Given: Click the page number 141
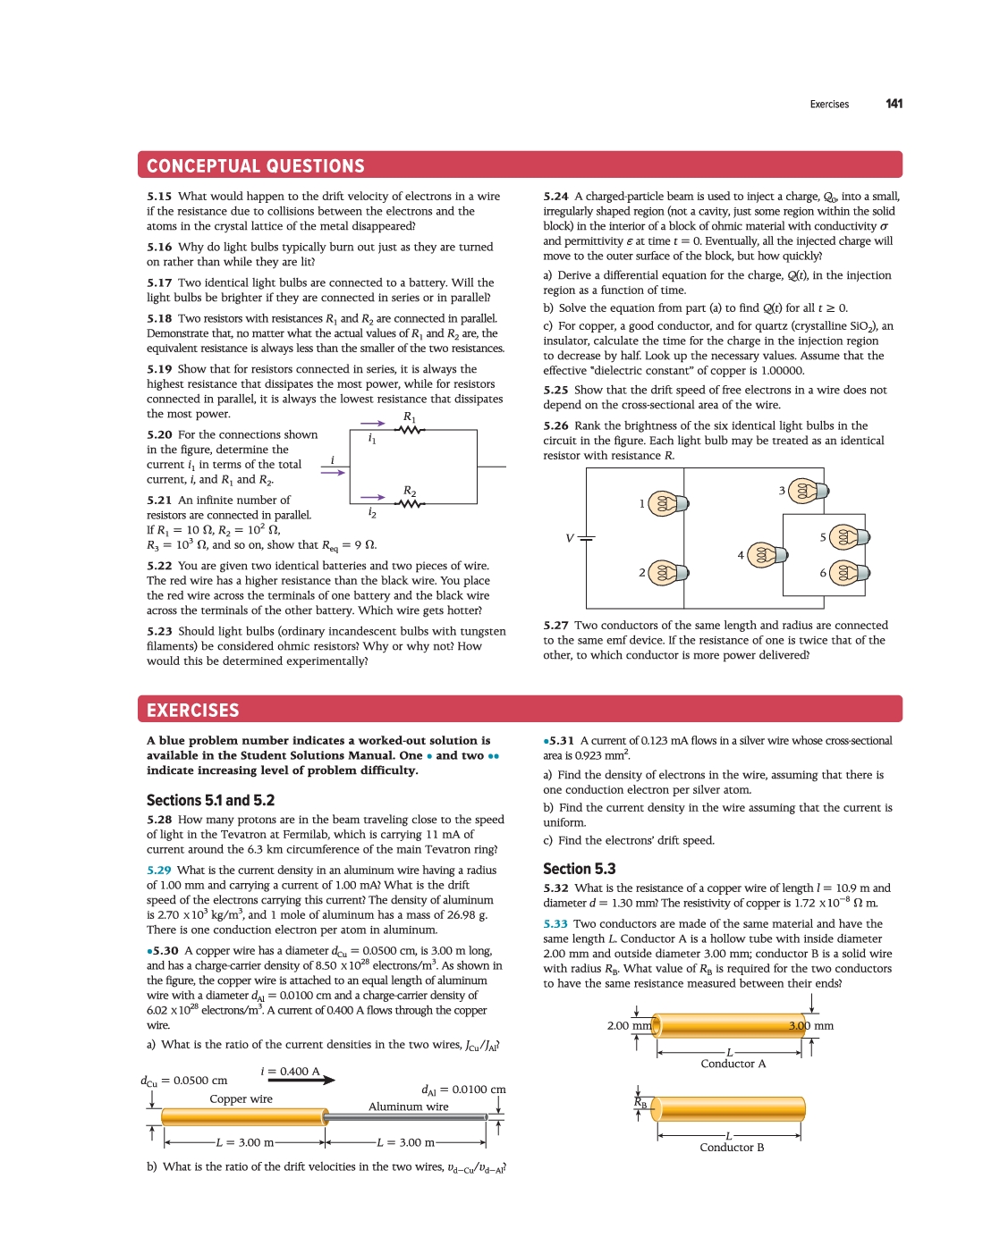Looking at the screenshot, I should pyautogui.click(x=894, y=104).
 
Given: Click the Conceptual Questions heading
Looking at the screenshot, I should pyautogui.click(x=256, y=166).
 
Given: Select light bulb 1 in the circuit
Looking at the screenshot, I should pyautogui.click(x=666, y=503).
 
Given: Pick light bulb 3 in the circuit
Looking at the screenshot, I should pyautogui.click(x=807, y=491).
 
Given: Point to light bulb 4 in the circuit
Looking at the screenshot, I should pyautogui.click(x=767, y=555).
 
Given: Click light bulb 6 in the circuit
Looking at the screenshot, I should pyautogui.click(x=847, y=573).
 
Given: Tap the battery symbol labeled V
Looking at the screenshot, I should pyautogui.click(x=586, y=538).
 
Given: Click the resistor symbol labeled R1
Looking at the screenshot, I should pyautogui.click(x=409, y=430).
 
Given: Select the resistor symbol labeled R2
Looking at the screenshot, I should pyautogui.click(x=409, y=504).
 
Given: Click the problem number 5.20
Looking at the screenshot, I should pyautogui.click(x=159, y=435).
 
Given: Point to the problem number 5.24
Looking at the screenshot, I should pyautogui.click(x=555, y=197).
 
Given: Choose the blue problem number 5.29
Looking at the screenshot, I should pyautogui.click(x=159, y=871).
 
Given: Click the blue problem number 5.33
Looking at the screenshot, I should pyautogui.click(x=555, y=924).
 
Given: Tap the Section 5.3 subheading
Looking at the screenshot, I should pyautogui.click(x=579, y=869).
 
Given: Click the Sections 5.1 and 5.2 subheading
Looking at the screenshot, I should pyautogui.click(x=210, y=801).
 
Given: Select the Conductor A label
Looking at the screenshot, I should pyautogui.click(x=733, y=1064).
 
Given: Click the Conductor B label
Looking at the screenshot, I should pyautogui.click(x=732, y=1148).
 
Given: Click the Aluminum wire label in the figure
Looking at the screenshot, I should pyautogui.click(x=409, y=1107).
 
